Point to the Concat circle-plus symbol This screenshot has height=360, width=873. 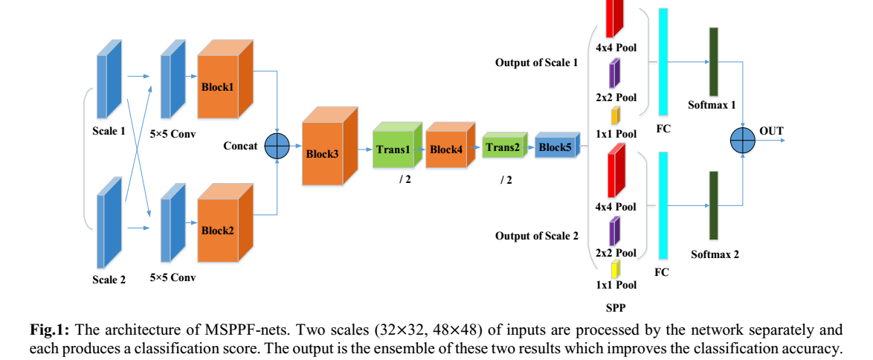(x=277, y=146)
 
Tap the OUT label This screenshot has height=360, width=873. (x=771, y=132)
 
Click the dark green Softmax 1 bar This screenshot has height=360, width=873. (x=713, y=61)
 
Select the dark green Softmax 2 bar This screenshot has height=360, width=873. (x=713, y=205)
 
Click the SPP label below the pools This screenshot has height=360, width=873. (x=614, y=306)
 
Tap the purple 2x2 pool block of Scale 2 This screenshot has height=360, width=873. (x=614, y=231)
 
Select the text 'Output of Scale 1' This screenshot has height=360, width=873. (x=536, y=62)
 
